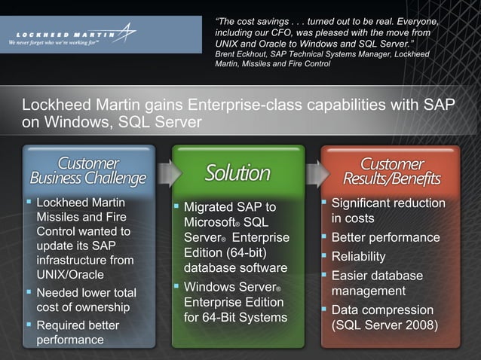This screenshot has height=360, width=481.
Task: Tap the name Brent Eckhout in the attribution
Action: pyautogui.click(x=242, y=54)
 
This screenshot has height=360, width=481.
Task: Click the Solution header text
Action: pyautogui.click(x=237, y=173)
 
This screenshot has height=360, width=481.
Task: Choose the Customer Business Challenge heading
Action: pyautogui.click(x=88, y=171)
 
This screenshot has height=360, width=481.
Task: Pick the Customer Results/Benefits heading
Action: pyautogui.click(x=391, y=171)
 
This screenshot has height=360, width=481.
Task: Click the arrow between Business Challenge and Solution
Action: pyautogui.click(x=168, y=173)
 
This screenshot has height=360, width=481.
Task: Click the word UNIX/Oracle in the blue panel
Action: pyautogui.click(x=70, y=276)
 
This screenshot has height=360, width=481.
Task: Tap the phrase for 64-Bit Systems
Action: pyautogui.click(x=235, y=317)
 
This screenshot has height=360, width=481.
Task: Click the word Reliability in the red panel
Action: pyautogui.click(x=358, y=256)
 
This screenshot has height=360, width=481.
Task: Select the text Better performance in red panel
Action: pyautogui.click(x=385, y=237)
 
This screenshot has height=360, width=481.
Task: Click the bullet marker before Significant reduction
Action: pyautogui.click(x=324, y=203)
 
